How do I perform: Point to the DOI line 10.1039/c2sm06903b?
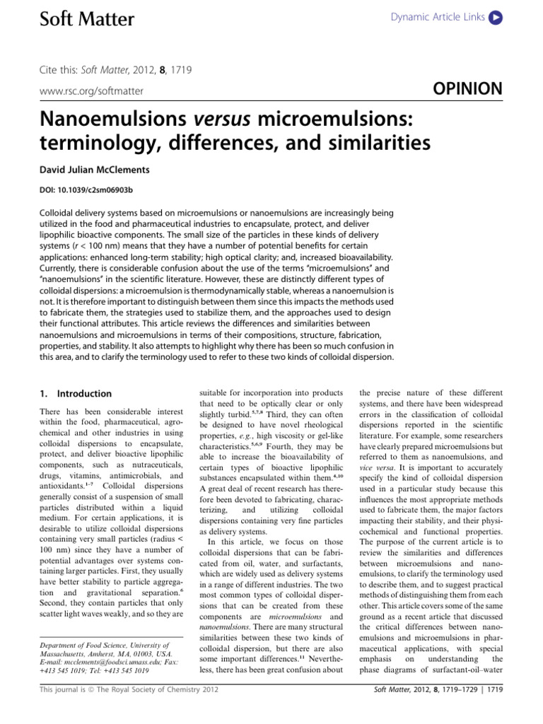[82, 190]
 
